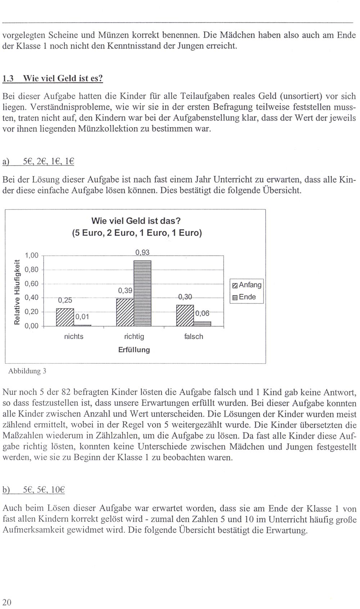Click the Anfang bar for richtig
125,312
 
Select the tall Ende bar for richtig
142,293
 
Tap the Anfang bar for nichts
65,317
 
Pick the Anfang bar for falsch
185,315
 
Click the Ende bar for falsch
202,323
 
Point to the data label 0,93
142,252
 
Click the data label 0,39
125,290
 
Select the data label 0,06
202,313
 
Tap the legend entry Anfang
247,285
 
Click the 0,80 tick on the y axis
31,269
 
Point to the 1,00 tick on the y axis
31,255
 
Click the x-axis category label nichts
73,336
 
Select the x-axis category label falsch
194,336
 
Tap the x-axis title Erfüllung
134,349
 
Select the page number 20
7,602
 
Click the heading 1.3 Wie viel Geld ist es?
53,78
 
